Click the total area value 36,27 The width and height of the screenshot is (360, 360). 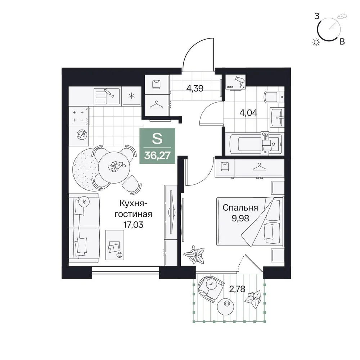pos(157,156)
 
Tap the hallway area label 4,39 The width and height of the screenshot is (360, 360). pos(195,89)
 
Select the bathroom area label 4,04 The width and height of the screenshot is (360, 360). pos(249,113)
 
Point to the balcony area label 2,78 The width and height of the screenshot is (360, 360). pos(237,289)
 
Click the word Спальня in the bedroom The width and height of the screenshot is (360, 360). pos(240,208)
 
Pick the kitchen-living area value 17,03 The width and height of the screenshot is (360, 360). pos(134,225)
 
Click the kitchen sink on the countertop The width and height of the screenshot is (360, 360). pos(107,96)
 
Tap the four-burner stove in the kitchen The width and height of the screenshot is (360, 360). pos(79,116)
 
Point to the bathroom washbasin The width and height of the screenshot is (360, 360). pos(277,117)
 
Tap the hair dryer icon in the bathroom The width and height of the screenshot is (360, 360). pos(240,81)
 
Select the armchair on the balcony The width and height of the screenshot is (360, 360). pos(210,288)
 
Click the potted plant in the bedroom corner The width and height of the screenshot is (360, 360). pos(195,254)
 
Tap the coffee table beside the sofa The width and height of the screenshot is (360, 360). pos(114,245)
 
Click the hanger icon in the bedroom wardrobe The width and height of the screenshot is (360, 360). pos(260,167)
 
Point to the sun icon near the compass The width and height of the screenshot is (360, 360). pos(316,42)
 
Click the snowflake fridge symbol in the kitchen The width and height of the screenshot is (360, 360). pos(131,96)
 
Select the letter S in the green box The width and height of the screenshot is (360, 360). pos(157,139)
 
